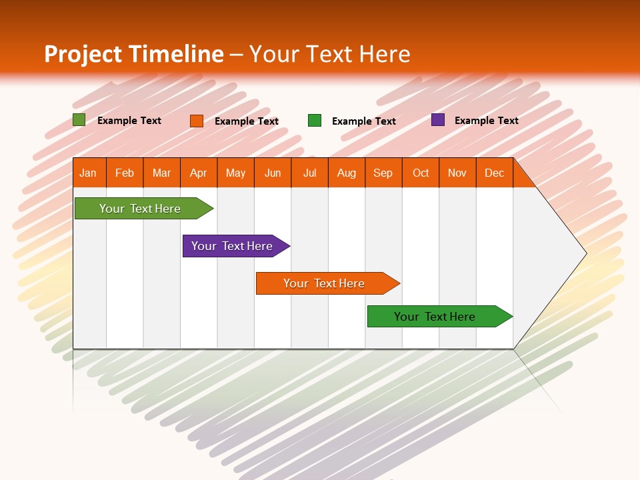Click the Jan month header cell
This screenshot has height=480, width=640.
pos(89,173)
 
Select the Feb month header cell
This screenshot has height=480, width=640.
pos(125,173)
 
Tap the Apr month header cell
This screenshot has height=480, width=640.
pos(199,173)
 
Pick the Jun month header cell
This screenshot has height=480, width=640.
pos(273,173)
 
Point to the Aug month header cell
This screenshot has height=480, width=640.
pos(347,173)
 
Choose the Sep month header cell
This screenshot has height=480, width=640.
pos(383,173)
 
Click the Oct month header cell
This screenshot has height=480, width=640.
pos(421,173)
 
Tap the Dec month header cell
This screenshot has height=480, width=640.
pos(495,173)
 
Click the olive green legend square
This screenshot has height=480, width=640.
pos(79,120)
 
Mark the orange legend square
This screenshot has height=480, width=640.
pos(197,121)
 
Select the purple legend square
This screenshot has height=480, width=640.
pos(438,120)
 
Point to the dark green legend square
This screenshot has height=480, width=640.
pos(315,121)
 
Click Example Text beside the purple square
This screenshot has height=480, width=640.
pos(486,121)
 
